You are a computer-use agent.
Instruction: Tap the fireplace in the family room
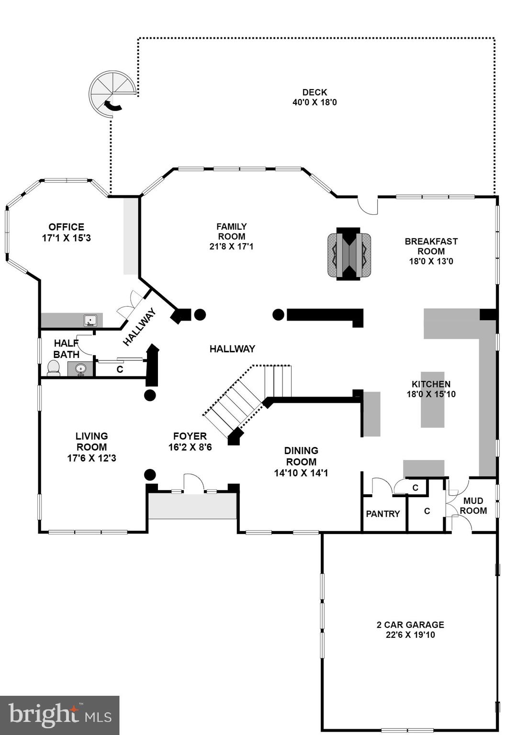click(x=349, y=254)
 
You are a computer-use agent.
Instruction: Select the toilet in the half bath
click(x=54, y=368)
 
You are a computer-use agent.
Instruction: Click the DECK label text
click(x=315, y=92)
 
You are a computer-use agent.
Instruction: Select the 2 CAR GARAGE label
click(x=410, y=624)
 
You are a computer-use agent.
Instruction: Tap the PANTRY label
click(x=382, y=514)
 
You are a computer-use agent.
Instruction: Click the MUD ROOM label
click(x=473, y=506)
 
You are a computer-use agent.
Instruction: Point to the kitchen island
click(x=432, y=400)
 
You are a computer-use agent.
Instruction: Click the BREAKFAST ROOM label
click(x=431, y=246)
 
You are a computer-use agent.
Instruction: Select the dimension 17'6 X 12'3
click(x=91, y=458)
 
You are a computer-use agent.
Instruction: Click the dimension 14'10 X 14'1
click(x=301, y=473)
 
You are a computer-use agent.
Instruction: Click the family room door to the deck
click(x=368, y=206)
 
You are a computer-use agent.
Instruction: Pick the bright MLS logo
click(x=59, y=715)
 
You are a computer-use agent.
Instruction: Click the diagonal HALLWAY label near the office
click(x=139, y=327)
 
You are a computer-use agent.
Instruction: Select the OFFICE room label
click(x=66, y=227)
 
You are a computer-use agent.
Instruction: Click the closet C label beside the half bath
click(x=120, y=369)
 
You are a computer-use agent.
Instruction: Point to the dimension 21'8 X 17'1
click(x=231, y=246)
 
